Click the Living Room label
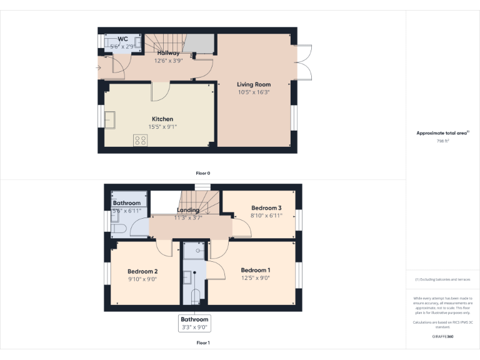[253, 84]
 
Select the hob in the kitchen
[139, 140]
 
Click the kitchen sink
[110, 119]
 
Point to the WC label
[122, 39]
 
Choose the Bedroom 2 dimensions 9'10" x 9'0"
[142, 279]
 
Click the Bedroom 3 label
[266, 207]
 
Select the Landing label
[188, 210]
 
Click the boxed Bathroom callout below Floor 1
[194, 322]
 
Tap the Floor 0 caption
[203, 172]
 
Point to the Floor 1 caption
[203, 342]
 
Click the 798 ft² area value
[442, 141]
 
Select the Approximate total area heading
[442, 133]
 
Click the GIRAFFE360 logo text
[442, 336]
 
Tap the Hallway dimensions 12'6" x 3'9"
[168, 61]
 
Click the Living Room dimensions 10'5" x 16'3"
[253, 92]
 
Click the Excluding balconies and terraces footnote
[442, 279]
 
